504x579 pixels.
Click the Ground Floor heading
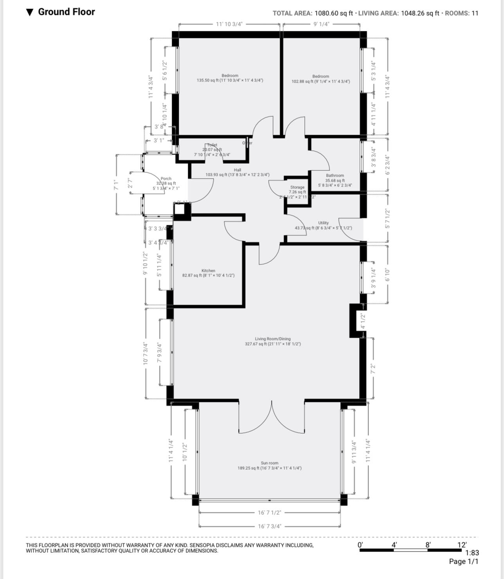click(x=66, y=12)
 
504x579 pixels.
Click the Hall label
click(x=238, y=170)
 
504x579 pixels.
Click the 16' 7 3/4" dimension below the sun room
click(x=269, y=526)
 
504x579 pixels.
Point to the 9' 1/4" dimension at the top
click(x=321, y=24)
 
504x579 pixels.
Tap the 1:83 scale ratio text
click(x=472, y=553)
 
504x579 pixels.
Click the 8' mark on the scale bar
click(x=428, y=545)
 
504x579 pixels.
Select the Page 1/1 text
click(x=464, y=561)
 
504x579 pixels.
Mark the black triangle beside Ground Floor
click(x=30, y=13)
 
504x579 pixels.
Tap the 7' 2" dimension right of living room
click(x=373, y=368)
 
